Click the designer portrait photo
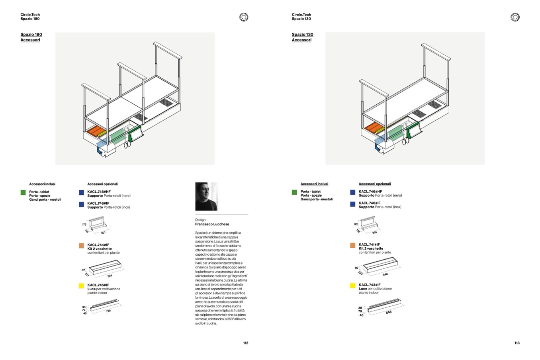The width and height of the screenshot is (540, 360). (206, 196)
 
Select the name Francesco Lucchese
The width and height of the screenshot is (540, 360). (212, 224)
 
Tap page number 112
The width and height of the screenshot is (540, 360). (246, 343)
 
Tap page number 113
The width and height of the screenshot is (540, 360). (517, 343)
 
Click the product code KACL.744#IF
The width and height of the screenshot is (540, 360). (98, 245)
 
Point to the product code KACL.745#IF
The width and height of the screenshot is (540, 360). (98, 285)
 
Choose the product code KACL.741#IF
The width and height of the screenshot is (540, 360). (369, 245)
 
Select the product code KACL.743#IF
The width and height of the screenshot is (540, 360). (369, 285)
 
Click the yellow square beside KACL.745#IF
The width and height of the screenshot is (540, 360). (81, 286)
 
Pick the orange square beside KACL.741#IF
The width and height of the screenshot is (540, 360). (352, 245)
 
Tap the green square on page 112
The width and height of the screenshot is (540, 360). (23, 193)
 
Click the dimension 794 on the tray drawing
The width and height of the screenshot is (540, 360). (110, 276)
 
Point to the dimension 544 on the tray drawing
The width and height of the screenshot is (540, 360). (385, 274)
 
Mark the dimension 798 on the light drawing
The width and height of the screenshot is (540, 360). (108, 311)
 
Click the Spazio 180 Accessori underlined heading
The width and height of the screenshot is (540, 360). (31, 37)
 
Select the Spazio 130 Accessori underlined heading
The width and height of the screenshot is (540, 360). (302, 37)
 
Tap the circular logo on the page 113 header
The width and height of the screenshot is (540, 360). (515, 17)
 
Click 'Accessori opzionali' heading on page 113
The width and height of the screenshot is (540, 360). (374, 184)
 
